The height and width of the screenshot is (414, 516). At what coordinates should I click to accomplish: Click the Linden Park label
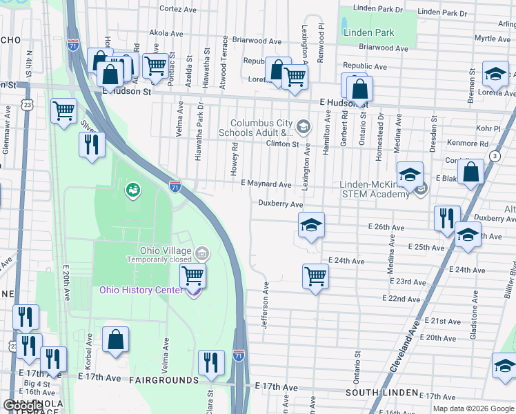click(x=369, y=33)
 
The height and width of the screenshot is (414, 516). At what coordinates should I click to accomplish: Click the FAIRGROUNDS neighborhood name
click(x=163, y=380)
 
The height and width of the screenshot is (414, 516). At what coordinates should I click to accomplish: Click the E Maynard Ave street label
click(x=266, y=184)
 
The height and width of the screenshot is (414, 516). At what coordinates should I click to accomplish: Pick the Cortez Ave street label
click(x=179, y=9)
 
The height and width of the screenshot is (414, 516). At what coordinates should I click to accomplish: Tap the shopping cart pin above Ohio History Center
click(x=192, y=276)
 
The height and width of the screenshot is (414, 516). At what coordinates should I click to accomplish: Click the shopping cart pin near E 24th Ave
click(x=315, y=276)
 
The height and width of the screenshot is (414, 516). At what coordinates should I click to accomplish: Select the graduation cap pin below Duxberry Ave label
click(x=311, y=224)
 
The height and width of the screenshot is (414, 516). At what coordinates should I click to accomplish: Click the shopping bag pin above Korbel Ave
click(x=115, y=339)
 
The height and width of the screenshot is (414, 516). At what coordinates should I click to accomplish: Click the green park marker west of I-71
click(x=132, y=188)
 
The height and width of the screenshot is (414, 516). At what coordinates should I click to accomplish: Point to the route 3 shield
click(x=495, y=157)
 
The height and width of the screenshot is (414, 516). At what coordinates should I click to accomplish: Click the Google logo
click(x=21, y=405)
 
